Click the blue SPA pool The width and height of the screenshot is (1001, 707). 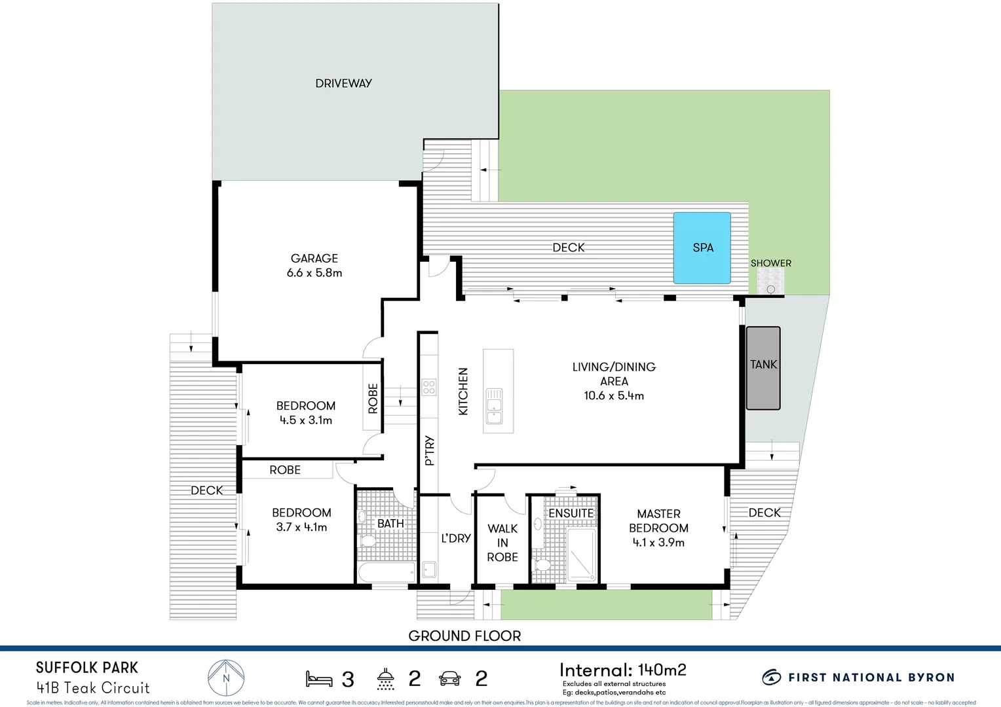point(702,247)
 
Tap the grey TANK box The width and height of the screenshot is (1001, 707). point(763,368)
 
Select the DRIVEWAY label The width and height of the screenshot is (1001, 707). point(343,83)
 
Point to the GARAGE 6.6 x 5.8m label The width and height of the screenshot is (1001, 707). point(314,266)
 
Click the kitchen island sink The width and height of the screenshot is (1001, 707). point(494,406)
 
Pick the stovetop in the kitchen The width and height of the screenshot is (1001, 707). point(429,387)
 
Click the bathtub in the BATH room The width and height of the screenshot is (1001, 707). point(387,572)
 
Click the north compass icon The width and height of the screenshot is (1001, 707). point(226,678)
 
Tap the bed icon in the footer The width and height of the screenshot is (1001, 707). point(319,679)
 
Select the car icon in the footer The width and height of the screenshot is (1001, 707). point(450,679)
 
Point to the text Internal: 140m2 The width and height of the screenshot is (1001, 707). point(622,670)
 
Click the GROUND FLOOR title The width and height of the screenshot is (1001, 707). point(464,636)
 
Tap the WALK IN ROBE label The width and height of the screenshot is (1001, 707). point(502,543)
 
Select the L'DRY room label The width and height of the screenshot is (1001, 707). point(456,538)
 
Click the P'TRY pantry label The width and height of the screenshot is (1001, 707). point(430,450)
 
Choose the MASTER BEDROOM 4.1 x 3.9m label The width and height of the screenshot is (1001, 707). point(658,528)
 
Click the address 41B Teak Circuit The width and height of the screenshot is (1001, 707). point(93,688)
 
